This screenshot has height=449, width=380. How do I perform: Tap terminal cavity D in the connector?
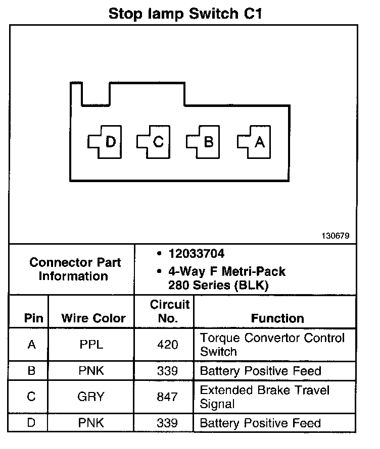pyautogui.click(x=104, y=143)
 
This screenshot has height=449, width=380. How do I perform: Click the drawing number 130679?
pyautogui.click(x=335, y=236)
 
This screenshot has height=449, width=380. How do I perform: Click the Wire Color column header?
pyautogui.click(x=93, y=318)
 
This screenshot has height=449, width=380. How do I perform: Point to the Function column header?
pyautogui.click(x=277, y=318)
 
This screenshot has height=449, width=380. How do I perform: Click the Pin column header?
pyautogui.click(x=33, y=318)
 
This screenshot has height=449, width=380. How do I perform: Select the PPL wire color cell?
pyautogui.click(x=91, y=345)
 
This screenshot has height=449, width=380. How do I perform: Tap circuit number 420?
pyautogui.click(x=168, y=345)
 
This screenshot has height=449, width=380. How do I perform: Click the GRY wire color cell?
pyautogui.click(x=91, y=397)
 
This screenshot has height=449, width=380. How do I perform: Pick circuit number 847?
pyautogui.click(x=168, y=397)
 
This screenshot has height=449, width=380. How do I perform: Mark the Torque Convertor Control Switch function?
pyautogui.click(x=272, y=345)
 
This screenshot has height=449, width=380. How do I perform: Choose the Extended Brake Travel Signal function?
pyautogui.click(x=265, y=397)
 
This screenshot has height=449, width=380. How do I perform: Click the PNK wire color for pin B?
pyautogui.click(x=91, y=372)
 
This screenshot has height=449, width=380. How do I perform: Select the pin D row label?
pyautogui.click(x=31, y=423)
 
